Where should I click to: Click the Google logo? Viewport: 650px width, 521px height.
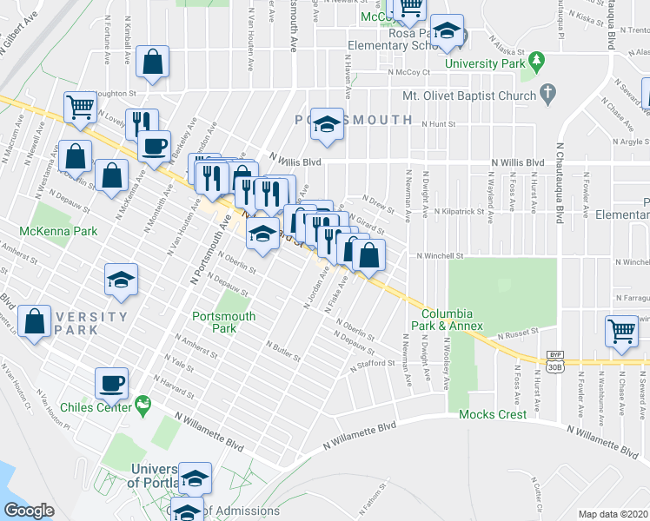pyautogui.click(x=30, y=511)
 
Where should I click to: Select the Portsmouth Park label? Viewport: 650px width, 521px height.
pyautogui.click(x=224, y=322)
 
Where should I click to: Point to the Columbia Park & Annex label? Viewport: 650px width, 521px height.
pyautogui.click(x=447, y=319)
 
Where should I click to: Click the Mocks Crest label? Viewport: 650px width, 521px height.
pyautogui.click(x=493, y=414)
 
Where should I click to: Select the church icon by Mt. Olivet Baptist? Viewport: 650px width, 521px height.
pyautogui.click(x=547, y=92)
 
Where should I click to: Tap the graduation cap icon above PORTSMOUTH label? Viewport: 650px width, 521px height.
pyautogui.click(x=327, y=125)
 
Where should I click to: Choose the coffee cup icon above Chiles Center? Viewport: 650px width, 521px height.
pyautogui.click(x=112, y=381)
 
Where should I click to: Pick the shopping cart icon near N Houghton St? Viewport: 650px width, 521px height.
pyautogui.click(x=80, y=107)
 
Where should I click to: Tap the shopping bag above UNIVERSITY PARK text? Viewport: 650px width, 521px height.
pyautogui.click(x=35, y=321)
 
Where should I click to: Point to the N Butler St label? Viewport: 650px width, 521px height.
pyautogui.click(x=282, y=350)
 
